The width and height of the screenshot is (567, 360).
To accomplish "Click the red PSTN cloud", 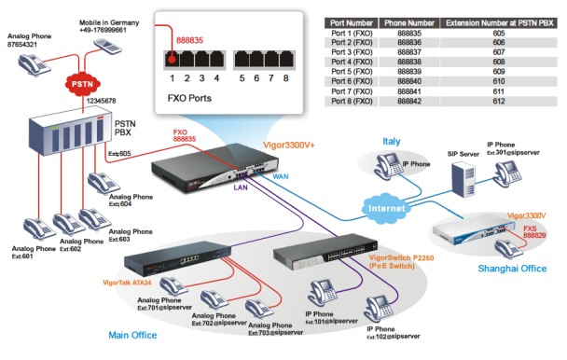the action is [82, 84].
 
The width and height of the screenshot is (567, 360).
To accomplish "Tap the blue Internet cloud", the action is [386, 208].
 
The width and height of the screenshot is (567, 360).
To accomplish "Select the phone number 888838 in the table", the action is [409, 62].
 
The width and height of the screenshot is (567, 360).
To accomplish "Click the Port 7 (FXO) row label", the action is [352, 91].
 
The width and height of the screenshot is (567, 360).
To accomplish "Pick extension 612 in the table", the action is [499, 102].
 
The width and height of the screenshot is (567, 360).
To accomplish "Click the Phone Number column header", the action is [409, 23].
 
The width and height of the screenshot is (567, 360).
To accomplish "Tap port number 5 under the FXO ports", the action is [242, 78].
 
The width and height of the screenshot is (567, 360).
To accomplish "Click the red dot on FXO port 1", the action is [173, 60].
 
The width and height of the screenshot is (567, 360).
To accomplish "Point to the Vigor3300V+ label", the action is [288, 145].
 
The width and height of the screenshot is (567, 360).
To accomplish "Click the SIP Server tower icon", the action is [463, 179].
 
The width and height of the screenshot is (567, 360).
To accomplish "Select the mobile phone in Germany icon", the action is [108, 46].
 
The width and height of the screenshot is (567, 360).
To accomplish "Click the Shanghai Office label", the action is [512, 269].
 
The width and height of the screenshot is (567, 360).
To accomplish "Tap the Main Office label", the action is [132, 335].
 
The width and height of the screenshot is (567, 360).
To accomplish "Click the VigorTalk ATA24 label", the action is [127, 283].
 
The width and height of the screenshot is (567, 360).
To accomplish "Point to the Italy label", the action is [392, 141].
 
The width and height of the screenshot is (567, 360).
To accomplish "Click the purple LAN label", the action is [241, 187].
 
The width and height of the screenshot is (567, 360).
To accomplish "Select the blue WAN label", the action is [281, 176].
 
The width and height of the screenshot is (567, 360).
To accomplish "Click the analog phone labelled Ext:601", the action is [37, 228].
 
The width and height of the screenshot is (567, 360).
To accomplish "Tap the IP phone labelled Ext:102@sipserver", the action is [379, 309].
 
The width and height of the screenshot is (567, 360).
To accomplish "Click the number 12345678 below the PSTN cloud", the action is [102, 101].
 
